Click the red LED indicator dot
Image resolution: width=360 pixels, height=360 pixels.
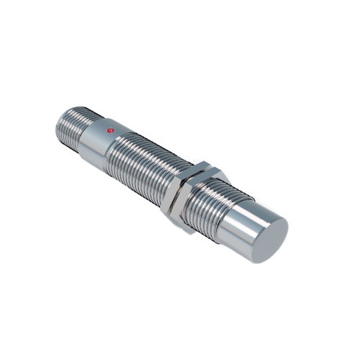109,130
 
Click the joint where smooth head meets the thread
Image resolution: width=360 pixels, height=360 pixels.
229,209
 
